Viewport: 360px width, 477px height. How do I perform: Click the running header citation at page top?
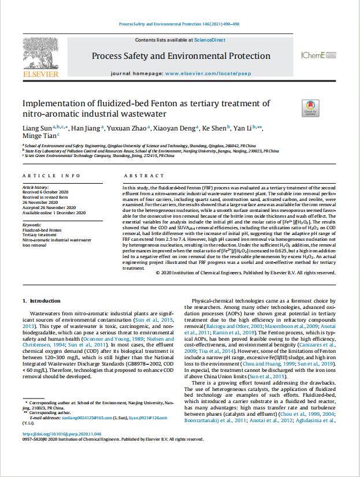(179, 24)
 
